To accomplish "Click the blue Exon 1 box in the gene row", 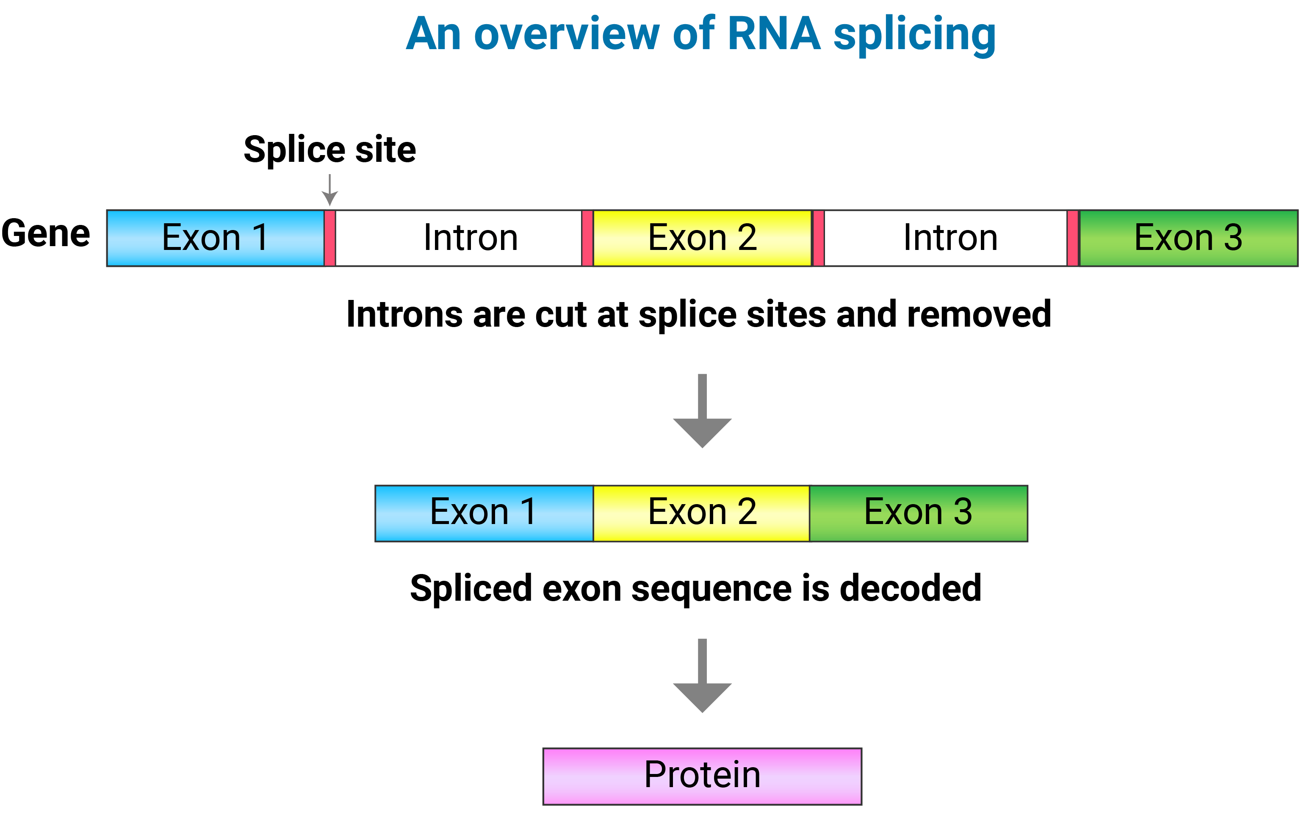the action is click(x=216, y=238).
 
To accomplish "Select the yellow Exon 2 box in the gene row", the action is click(x=702, y=238).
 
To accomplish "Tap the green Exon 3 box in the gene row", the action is click(x=1189, y=238).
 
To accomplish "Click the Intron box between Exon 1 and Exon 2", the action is click(x=459, y=238).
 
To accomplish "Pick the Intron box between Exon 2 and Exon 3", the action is click(x=946, y=238).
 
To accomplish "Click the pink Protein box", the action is click(x=702, y=776).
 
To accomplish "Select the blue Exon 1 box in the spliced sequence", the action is click(x=484, y=513).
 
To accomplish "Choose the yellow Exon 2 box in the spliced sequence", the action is click(x=702, y=513).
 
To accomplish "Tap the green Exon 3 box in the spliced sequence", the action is click(x=919, y=513).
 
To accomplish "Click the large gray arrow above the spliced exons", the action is click(x=702, y=410).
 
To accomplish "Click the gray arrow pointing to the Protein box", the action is click(x=702, y=675).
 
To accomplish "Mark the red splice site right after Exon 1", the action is click(x=330, y=238).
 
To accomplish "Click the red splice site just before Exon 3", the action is click(x=1073, y=238).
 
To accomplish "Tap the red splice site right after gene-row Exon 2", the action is click(x=818, y=238).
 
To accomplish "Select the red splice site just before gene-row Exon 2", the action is click(x=587, y=238).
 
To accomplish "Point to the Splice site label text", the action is click(x=330, y=150).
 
